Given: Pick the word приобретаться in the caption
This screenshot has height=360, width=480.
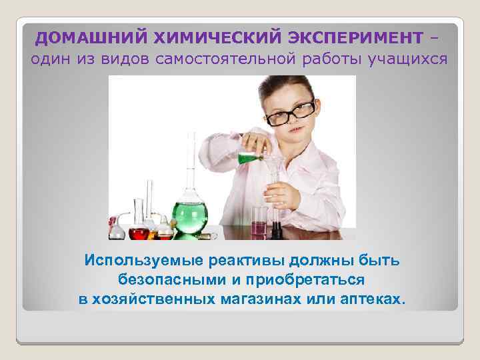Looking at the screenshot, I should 298,279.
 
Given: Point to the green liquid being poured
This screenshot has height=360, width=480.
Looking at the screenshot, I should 248,158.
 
